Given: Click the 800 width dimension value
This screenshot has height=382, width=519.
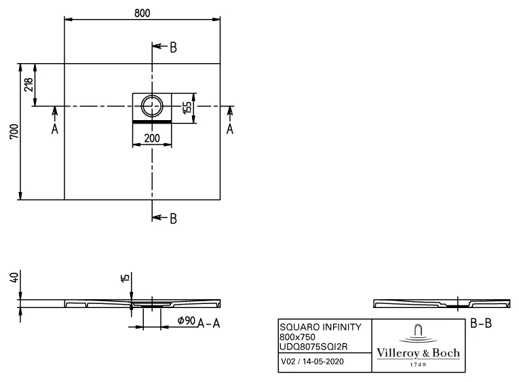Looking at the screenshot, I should point(142,13).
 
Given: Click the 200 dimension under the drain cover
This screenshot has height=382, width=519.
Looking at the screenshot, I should point(152,138).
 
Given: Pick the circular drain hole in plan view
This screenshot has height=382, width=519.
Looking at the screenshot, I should point(152,106).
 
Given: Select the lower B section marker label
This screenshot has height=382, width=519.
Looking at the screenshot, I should point(173,218).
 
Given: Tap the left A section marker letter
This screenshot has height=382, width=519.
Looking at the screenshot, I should point(55,129).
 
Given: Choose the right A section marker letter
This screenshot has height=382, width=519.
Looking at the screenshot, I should point(230,129).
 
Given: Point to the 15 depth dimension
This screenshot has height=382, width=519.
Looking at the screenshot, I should point(124,278).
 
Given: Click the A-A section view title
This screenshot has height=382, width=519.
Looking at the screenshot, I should point(209,324).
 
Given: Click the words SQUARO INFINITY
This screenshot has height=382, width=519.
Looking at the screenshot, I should point(320,327).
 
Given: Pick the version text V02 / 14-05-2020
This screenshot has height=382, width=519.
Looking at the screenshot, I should point(312,362).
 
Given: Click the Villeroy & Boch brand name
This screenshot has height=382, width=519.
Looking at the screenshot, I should point(418,353).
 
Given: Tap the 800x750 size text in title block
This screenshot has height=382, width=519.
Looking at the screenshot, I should point(299,337).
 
